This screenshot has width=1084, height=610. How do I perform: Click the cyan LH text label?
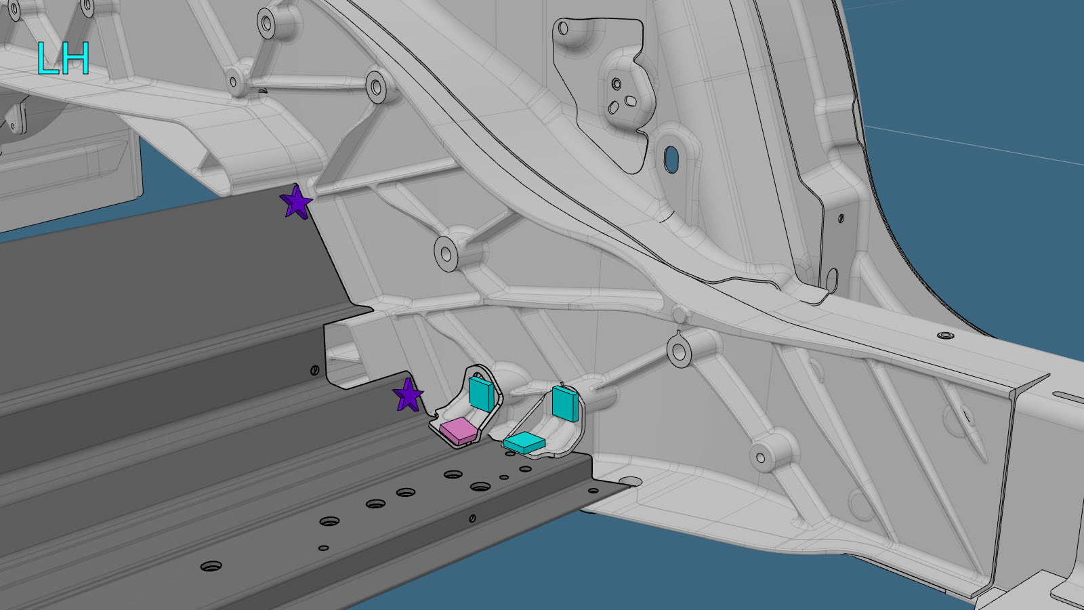click(x=64, y=58)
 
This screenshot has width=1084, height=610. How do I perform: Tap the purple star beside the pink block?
click(x=409, y=395)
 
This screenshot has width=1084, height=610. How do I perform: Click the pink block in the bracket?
click(x=458, y=430)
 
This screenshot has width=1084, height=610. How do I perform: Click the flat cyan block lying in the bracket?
click(x=524, y=443)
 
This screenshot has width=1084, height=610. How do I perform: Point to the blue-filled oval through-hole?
click(x=671, y=159)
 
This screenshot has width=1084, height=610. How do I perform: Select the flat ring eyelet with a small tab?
click(x=678, y=350)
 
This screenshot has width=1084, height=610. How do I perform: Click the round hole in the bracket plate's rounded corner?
click(x=563, y=28)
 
